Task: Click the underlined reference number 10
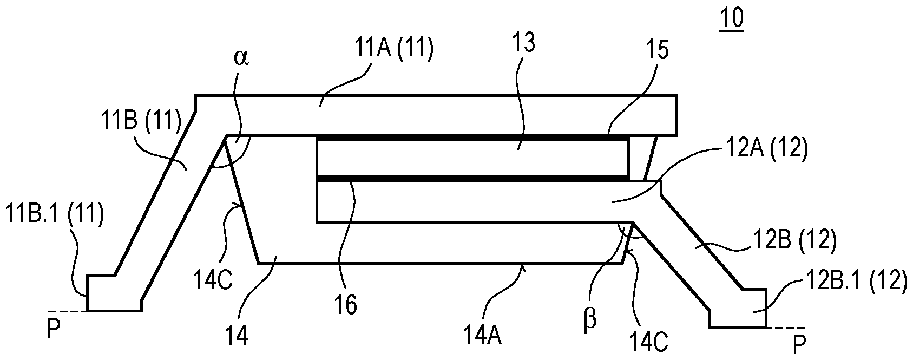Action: tap(732, 19)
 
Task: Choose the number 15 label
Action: tap(656, 50)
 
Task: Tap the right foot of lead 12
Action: tap(738, 314)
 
